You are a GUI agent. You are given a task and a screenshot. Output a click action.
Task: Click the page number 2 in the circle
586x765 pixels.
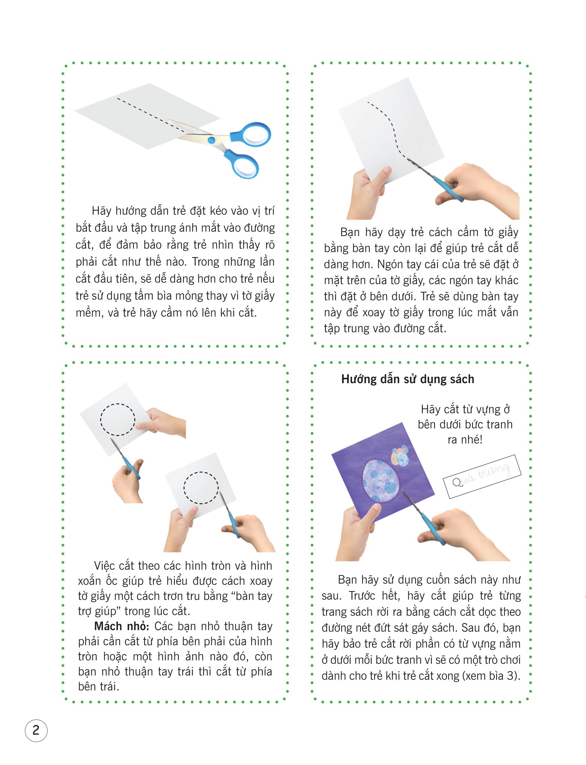coord(36,730)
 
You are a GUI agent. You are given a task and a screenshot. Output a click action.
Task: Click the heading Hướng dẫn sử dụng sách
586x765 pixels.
coord(408,379)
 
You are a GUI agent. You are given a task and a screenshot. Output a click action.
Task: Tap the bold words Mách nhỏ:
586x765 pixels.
coord(122,626)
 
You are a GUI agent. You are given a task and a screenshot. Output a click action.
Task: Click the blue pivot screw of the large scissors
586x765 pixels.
coord(211,140)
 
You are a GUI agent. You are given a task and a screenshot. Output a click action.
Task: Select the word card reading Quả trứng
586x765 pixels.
coord(482,477)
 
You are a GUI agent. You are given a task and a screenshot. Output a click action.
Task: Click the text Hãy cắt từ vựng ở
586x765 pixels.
coord(465,409)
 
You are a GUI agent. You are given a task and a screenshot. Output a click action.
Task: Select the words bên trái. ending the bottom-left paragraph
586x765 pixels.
coord(99,687)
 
